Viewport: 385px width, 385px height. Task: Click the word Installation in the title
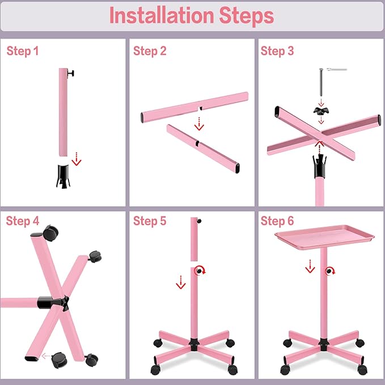(x=162, y=16)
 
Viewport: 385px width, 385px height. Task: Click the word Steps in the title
(x=246, y=16)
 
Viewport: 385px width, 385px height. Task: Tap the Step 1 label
(x=23, y=52)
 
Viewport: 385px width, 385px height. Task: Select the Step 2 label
(x=150, y=52)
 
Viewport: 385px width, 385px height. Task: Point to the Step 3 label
(x=277, y=51)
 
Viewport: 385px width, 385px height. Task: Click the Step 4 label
(x=23, y=221)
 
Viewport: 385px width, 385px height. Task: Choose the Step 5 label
(x=150, y=221)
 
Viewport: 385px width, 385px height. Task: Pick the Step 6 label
(x=277, y=221)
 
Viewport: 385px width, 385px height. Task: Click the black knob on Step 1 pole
(x=71, y=73)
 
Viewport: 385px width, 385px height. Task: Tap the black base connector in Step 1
(x=64, y=176)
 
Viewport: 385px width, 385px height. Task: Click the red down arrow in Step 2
(x=199, y=124)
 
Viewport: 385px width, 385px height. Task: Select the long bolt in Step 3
(x=321, y=82)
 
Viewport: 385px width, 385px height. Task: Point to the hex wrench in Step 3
(x=336, y=70)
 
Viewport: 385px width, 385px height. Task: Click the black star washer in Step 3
(x=321, y=111)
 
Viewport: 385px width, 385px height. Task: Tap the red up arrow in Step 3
(x=319, y=147)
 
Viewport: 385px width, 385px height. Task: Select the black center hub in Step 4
(x=53, y=303)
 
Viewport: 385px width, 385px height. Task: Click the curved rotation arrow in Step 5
(x=200, y=270)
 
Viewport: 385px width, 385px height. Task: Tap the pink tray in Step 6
(x=324, y=237)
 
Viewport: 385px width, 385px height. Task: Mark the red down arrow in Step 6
(x=310, y=266)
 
